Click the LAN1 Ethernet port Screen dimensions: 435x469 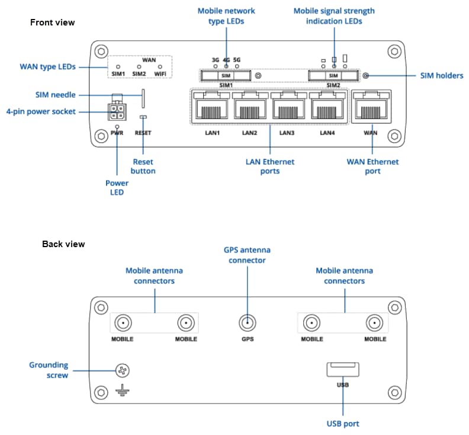[x=210, y=108]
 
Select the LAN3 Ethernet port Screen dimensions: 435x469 [x=287, y=108]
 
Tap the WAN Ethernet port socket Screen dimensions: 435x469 [x=370, y=108]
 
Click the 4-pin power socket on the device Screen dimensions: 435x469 [x=117, y=111]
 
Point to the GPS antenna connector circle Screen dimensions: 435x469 [x=248, y=323]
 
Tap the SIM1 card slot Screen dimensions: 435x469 [x=226, y=76]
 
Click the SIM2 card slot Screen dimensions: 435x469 [x=333, y=76]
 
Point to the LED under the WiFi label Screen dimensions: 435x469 [x=160, y=67]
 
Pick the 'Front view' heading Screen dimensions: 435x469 [x=53, y=23]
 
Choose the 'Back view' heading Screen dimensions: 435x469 [x=63, y=244]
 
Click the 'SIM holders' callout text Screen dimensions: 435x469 [x=442, y=76]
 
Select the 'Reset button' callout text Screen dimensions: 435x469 [x=143, y=166]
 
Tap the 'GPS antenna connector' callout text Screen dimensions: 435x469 [x=248, y=255]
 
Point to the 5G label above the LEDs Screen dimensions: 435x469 [x=237, y=60]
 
